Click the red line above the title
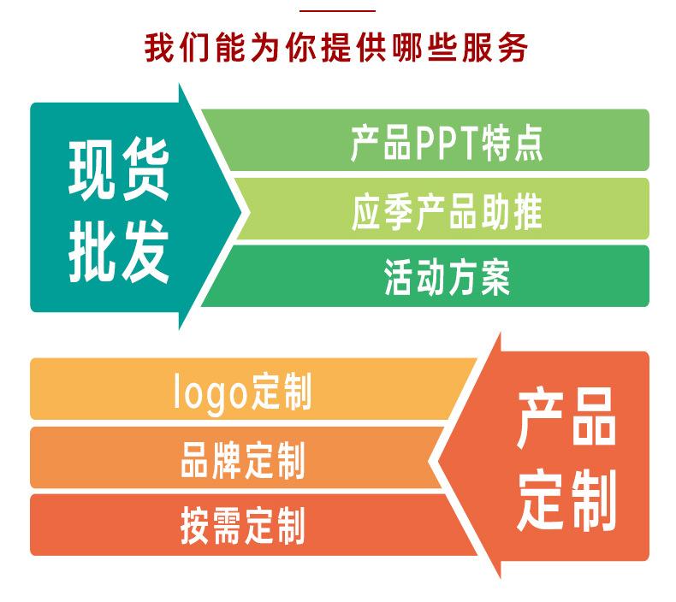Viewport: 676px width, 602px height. (x=337, y=11)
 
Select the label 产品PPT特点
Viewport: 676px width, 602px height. (x=447, y=143)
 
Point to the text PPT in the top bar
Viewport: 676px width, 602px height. (x=446, y=143)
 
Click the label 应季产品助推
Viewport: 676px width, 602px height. (x=447, y=211)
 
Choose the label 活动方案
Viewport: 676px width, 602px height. (x=447, y=277)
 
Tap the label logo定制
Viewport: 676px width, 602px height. (x=242, y=392)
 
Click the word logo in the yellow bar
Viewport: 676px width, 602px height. (x=211, y=393)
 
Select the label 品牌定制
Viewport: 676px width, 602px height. (x=243, y=459)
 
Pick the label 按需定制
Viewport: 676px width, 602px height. (x=243, y=525)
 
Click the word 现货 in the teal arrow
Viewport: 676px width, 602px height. (x=118, y=170)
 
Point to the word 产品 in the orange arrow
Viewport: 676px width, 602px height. (x=566, y=417)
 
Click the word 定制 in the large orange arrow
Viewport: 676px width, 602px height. (x=566, y=500)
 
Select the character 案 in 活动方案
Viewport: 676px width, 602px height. (x=495, y=277)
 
